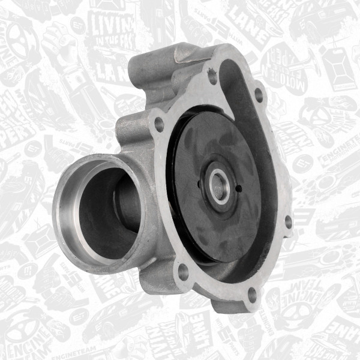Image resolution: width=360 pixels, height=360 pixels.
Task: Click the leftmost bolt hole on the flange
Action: click(159, 124)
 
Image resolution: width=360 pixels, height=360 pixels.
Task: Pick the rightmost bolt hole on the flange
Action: click(288, 221)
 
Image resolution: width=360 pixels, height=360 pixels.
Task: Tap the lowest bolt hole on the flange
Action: click(251, 293)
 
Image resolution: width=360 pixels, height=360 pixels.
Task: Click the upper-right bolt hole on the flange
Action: click(259, 95)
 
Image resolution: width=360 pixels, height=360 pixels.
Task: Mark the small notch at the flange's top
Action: click(212, 76)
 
